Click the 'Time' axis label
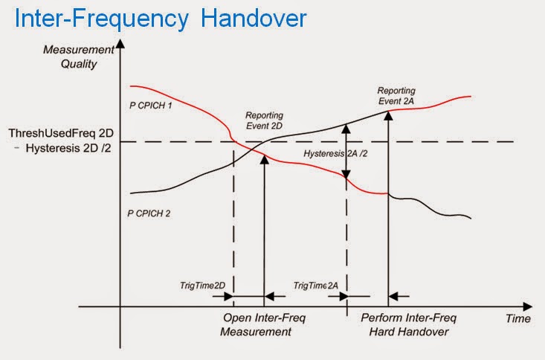pos(518,318)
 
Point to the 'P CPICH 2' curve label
pos(149,213)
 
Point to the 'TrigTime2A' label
pos(316,286)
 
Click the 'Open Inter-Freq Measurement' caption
pos(265,325)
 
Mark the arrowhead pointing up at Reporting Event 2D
pos(264,156)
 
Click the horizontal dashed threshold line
pos(446,141)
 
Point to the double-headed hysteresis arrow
pos(346,151)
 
